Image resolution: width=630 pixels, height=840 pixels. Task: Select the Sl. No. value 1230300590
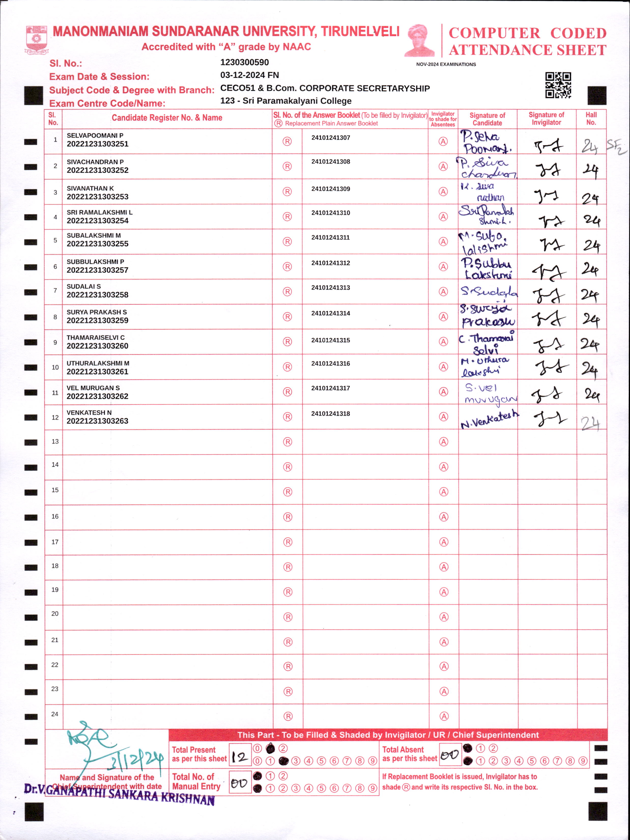pos(244,62)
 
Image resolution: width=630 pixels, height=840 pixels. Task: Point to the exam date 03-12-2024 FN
pos(250,75)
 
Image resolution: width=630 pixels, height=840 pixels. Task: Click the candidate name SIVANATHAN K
pos(90,188)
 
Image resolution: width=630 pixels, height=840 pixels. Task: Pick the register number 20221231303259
pos(98,321)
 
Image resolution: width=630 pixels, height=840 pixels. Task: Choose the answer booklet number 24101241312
pos(330,263)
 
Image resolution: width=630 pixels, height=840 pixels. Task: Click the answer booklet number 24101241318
pos(330,414)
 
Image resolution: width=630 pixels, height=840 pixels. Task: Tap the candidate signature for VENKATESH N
pos(489,420)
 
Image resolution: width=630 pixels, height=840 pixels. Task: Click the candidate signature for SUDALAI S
pos(488,292)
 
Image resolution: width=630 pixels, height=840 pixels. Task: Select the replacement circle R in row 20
pos(288,617)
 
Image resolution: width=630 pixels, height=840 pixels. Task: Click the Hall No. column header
pos(591,119)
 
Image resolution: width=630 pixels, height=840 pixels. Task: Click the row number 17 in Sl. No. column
pos(55,542)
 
